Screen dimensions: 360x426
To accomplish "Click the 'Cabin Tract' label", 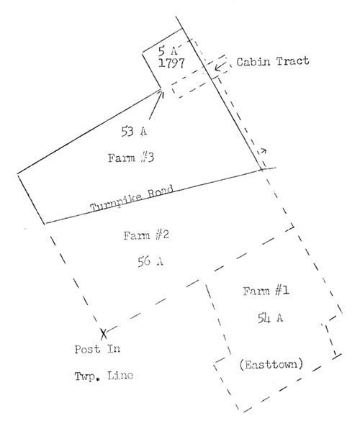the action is click(273, 62).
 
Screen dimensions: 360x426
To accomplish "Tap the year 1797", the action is click(171, 63).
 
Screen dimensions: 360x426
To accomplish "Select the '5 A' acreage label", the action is click(168, 50).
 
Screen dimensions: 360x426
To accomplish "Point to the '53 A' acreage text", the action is click(134, 132).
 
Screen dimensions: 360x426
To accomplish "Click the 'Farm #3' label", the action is click(131, 158).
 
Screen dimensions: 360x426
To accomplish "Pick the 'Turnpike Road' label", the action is click(132, 199).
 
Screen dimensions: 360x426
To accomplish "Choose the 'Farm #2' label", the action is click(146, 235).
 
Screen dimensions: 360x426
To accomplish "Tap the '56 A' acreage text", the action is click(150, 261).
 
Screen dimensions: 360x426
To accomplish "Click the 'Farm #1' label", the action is click(266, 291).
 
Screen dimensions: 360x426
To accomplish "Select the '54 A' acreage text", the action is click(270, 317).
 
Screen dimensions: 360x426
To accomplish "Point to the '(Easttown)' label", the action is click(271, 364).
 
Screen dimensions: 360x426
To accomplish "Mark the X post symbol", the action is click(104, 334).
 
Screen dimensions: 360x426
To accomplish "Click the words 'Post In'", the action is click(97, 349).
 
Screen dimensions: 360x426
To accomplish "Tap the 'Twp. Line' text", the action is click(104, 376).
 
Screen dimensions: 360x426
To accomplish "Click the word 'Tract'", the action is click(293, 61).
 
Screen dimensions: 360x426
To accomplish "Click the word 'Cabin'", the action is click(253, 62).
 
